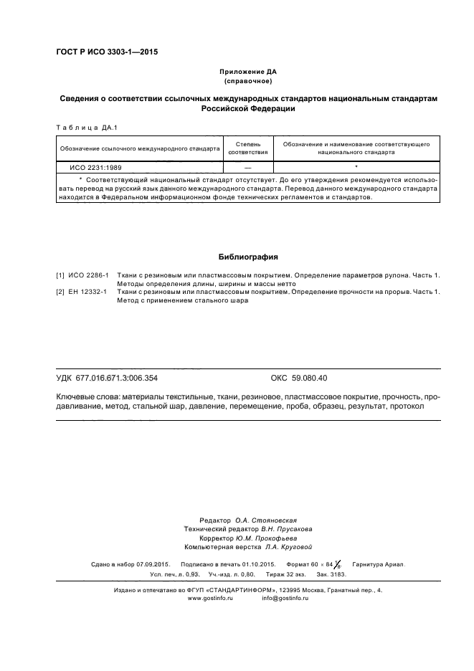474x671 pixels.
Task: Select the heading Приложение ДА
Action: pyautogui.click(x=247, y=72)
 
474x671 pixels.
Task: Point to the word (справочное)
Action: pyautogui.click(x=247, y=82)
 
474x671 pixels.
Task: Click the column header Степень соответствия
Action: pyautogui.click(x=247, y=148)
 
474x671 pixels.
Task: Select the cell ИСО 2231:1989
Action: pyautogui.click(x=90, y=167)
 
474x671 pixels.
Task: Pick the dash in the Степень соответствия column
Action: pyautogui.click(x=247, y=167)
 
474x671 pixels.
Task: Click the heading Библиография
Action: pyautogui.click(x=247, y=257)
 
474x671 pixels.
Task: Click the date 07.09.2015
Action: pyautogui.click(x=151, y=564)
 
